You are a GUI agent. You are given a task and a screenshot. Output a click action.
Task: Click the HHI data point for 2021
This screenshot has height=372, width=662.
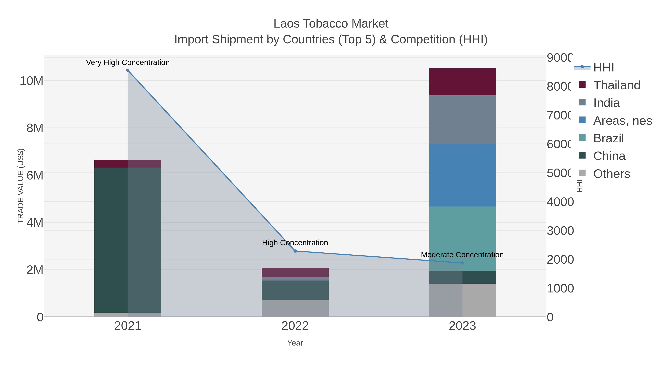(128, 70)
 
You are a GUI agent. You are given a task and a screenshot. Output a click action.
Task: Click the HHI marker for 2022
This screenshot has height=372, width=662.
(295, 251)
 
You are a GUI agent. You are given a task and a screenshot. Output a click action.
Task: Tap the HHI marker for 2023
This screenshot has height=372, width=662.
(462, 263)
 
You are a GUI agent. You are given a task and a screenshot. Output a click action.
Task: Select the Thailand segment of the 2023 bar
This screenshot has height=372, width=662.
(462, 82)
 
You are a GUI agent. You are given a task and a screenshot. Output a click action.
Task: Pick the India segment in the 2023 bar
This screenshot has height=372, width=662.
(462, 120)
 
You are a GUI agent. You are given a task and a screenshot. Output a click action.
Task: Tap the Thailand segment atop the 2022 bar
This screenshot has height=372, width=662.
(295, 272)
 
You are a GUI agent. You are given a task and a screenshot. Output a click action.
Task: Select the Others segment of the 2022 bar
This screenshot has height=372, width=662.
(295, 308)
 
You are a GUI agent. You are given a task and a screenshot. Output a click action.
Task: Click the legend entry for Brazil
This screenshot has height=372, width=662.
(608, 138)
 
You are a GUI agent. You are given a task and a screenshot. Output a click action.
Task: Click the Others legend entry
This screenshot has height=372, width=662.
(611, 174)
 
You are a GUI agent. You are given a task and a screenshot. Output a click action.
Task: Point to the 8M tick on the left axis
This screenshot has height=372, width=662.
(35, 128)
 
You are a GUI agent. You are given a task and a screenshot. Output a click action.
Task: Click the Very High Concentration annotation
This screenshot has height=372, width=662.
(128, 62)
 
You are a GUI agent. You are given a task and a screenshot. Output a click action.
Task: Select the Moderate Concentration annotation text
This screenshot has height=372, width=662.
(462, 255)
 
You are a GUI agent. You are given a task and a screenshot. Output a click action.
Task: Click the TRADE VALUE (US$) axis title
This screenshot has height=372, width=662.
(21, 186)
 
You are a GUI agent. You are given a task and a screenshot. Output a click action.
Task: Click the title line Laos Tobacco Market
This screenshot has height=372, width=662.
(331, 24)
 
